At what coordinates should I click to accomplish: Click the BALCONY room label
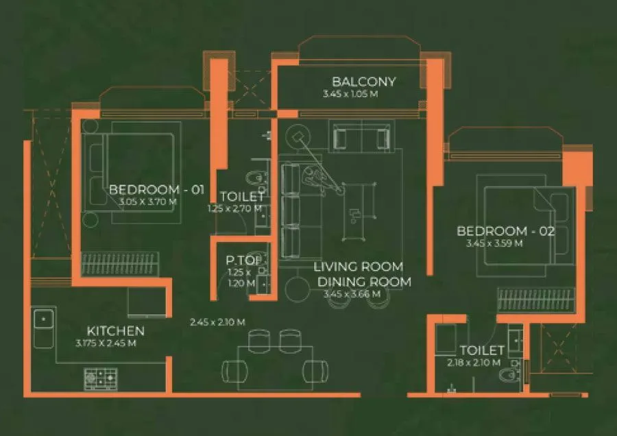pyautogui.click(x=364, y=82)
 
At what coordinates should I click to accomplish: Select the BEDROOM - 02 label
pyautogui.click(x=506, y=231)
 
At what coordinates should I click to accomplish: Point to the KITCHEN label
pyautogui.click(x=115, y=331)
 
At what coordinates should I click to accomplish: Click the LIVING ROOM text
pyautogui.click(x=358, y=267)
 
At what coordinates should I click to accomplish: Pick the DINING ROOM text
pyautogui.click(x=364, y=281)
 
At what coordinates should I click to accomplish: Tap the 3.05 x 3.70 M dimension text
pyautogui.click(x=147, y=202)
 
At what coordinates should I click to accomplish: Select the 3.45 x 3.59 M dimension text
pyautogui.click(x=494, y=243)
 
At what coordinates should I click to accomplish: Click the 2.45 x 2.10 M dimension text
pyautogui.click(x=218, y=321)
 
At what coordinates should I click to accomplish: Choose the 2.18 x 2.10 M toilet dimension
pyautogui.click(x=473, y=363)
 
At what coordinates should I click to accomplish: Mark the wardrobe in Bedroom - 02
pyautogui.click(x=535, y=300)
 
